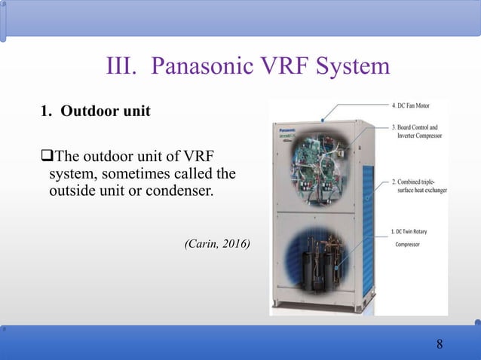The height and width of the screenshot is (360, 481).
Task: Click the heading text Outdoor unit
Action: click(x=105, y=111)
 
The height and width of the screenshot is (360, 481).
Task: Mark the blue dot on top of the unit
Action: click(x=322, y=119)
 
